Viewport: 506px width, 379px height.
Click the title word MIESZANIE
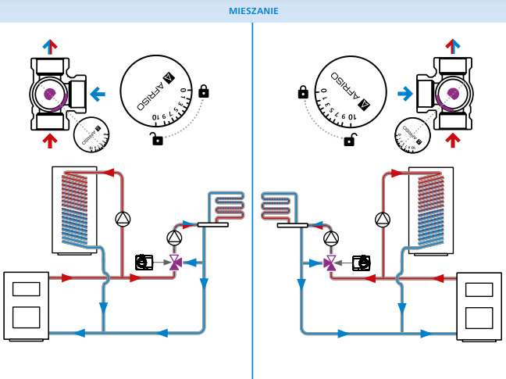[x=253, y=11]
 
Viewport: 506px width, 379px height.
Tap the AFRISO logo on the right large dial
[x=337, y=81]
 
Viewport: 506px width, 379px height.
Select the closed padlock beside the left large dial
[x=204, y=91]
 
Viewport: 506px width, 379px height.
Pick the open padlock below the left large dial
[x=158, y=140]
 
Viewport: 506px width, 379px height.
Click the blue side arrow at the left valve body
[x=98, y=95]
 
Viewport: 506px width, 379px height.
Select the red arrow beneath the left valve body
[x=49, y=141]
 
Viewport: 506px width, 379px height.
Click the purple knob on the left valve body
[x=50, y=95]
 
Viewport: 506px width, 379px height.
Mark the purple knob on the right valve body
[x=451, y=95]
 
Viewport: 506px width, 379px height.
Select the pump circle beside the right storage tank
[x=382, y=219]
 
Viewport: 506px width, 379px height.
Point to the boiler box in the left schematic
[x=27, y=305]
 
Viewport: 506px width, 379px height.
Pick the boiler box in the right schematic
[x=479, y=305]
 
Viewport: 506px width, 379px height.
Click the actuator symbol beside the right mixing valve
[x=361, y=262]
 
